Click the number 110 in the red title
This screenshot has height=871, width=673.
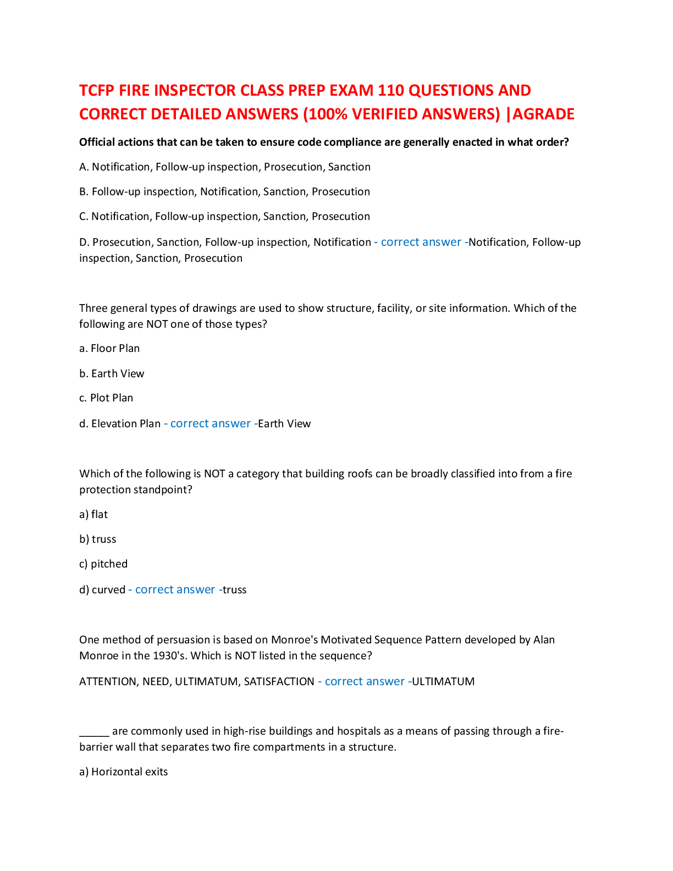(391, 91)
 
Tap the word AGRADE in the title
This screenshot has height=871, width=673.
(543, 114)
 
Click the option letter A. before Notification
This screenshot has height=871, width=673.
(84, 167)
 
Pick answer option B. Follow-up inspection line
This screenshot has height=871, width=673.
(224, 192)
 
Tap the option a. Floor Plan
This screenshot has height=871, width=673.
(109, 348)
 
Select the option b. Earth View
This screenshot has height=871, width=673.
(112, 373)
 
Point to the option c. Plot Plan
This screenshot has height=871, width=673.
(106, 398)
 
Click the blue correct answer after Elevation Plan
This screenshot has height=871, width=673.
(211, 423)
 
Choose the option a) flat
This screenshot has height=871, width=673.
(93, 515)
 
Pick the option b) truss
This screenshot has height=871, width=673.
(98, 539)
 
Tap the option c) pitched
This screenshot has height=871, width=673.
(103, 564)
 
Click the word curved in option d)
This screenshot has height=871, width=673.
(109, 590)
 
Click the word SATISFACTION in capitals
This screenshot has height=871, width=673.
(279, 682)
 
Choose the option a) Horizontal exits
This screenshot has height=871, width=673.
(124, 772)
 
